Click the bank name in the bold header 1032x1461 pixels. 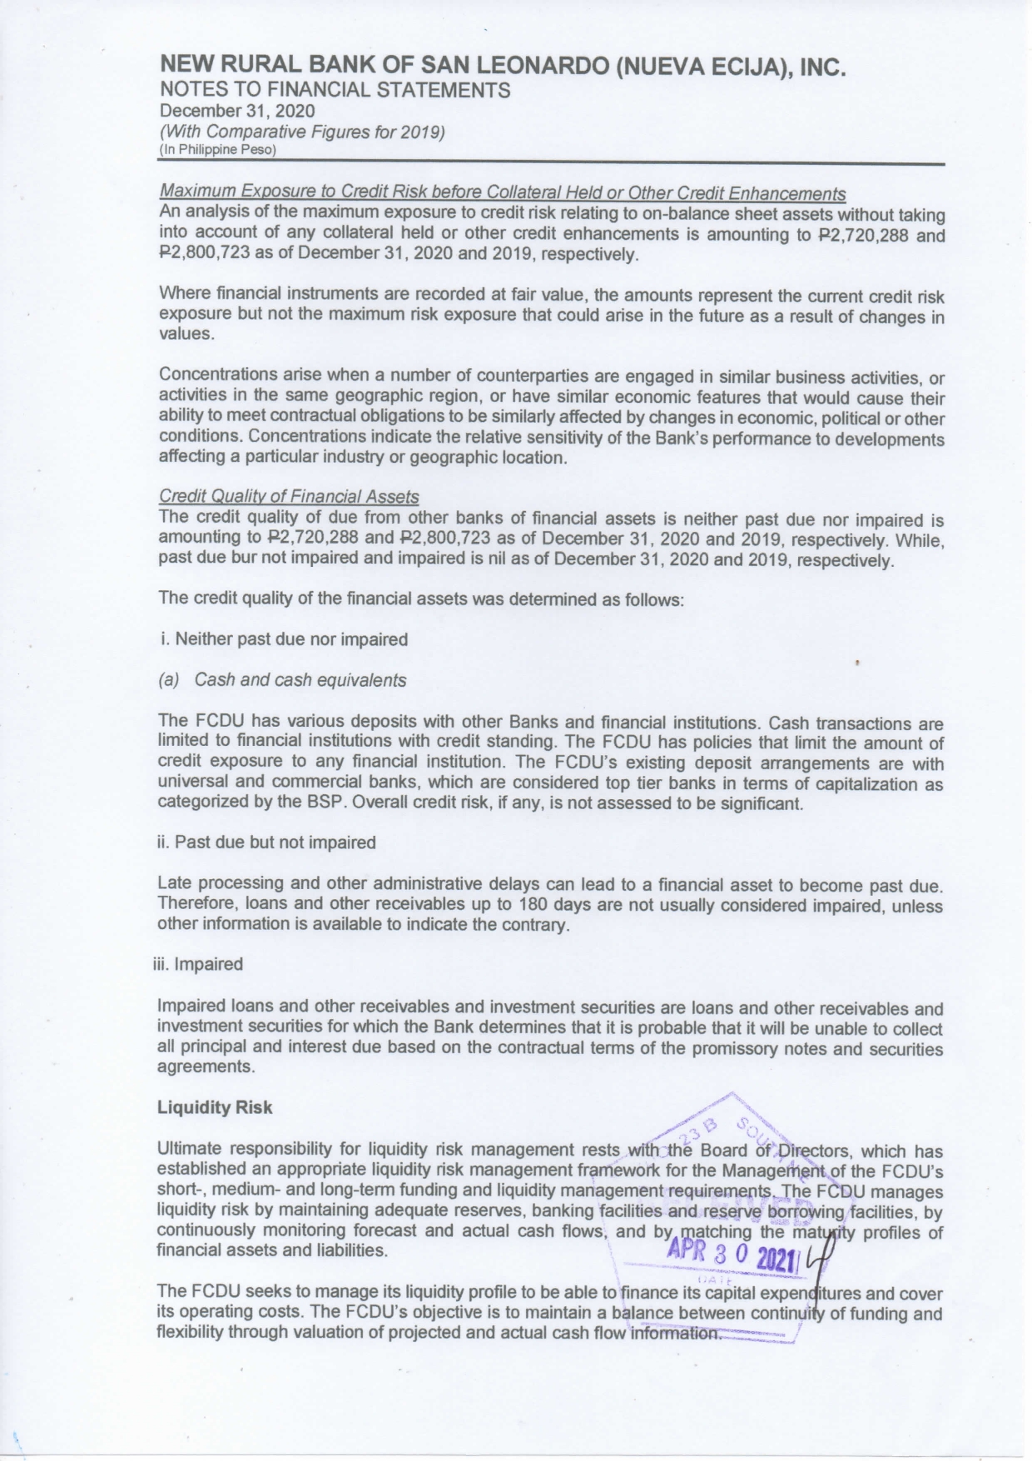coord(503,67)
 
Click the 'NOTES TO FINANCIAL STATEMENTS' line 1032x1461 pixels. coord(335,90)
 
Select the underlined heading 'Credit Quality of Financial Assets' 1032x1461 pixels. coord(288,497)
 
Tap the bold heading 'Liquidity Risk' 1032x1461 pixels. coord(215,1107)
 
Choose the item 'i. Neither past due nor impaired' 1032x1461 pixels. coord(283,639)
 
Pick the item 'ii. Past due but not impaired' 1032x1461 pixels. coord(266,842)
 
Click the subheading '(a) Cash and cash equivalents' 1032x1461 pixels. coord(282,680)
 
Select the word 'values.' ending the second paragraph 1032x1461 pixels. coord(186,335)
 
